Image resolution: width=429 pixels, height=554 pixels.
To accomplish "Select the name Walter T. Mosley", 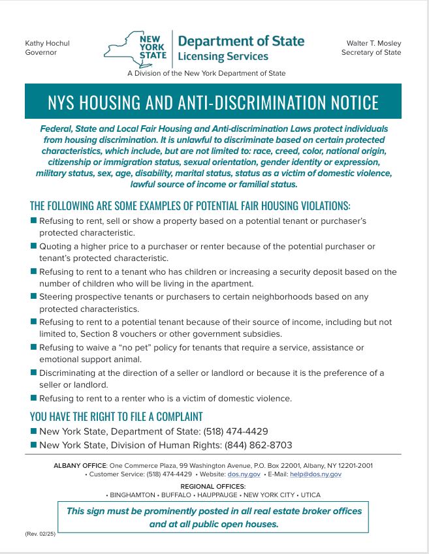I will pyautogui.click(x=373, y=44).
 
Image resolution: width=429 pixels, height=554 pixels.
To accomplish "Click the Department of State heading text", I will pyautogui.click(x=241, y=41).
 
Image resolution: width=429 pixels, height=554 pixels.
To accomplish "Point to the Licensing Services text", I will pyautogui.click(x=223, y=57).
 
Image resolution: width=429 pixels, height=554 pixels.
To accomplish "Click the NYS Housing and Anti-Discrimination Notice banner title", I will pyautogui.click(x=214, y=102).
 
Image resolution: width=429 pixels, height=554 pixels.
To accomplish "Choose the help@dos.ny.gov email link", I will pyautogui.click(x=317, y=474).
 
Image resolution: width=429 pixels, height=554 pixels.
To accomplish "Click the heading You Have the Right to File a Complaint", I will pyautogui.click(x=116, y=416).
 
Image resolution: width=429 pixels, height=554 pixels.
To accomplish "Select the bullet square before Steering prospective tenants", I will pyautogui.click(x=33, y=296).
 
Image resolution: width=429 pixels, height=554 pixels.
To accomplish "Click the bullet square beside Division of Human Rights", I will pyautogui.click(x=33, y=445).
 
